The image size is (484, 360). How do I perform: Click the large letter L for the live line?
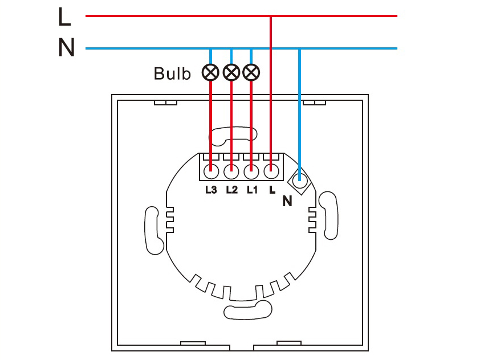click(64, 17)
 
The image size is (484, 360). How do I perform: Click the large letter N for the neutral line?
click(66, 47)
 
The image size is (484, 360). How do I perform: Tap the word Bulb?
click(172, 73)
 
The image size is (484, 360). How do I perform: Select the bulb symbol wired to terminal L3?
click(210, 72)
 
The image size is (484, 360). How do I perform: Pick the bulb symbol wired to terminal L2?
click(231, 72)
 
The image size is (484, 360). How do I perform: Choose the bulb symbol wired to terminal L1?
click(251, 72)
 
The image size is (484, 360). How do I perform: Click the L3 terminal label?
click(211, 190)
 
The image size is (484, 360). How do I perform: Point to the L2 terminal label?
click(232, 190)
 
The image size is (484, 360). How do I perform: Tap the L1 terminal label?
click(252, 190)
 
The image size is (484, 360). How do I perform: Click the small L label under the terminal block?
click(272, 190)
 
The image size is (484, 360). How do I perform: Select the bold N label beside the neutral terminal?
click(287, 201)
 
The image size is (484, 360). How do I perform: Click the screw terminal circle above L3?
click(211, 171)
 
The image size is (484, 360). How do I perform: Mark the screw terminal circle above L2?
click(231, 171)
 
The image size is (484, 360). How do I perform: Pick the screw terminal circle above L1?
click(251, 171)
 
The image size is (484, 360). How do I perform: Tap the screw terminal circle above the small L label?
click(271, 171)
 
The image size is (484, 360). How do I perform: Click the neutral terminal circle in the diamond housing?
click(299, 181)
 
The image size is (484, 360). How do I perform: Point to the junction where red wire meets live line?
click(271, 16)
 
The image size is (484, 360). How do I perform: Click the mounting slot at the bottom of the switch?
click(248, 310)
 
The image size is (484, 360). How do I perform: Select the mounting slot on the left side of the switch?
click(153, 230)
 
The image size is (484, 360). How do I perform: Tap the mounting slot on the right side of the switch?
click(328, 215)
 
